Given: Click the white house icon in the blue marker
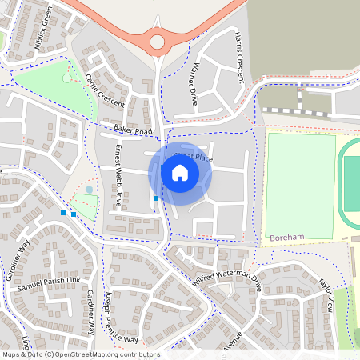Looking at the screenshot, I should [180, 173].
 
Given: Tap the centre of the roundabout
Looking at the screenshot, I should [157, 41].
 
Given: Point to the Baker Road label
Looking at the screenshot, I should [132, 130].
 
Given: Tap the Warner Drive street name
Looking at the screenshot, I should [193, 84].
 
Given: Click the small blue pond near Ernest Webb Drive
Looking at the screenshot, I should [89, 190].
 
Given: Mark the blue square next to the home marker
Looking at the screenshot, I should [155, 198].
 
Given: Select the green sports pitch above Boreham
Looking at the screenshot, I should [300, 184].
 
